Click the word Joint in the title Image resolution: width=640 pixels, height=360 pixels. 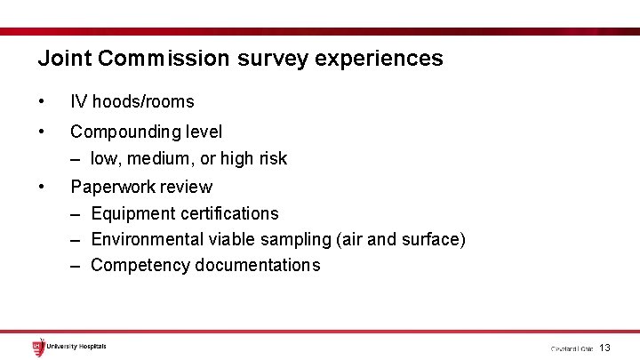(x=65, y=59)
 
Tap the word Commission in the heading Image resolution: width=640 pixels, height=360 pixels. (x=164, y=59)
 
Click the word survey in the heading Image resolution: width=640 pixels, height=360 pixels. (x=272, y=59)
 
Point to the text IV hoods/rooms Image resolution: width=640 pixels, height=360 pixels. (x=132, y=102)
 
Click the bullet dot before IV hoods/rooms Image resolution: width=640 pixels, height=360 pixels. (x=42, y=102)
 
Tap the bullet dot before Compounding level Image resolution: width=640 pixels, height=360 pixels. (x=42, y=132)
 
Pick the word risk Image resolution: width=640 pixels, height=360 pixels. (x=270, y=158)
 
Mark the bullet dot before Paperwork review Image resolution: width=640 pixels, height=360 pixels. (x=42, y=187)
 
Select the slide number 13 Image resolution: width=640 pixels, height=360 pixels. (x=604, y=348)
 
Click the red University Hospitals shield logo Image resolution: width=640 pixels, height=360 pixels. (x=37, y=347)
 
